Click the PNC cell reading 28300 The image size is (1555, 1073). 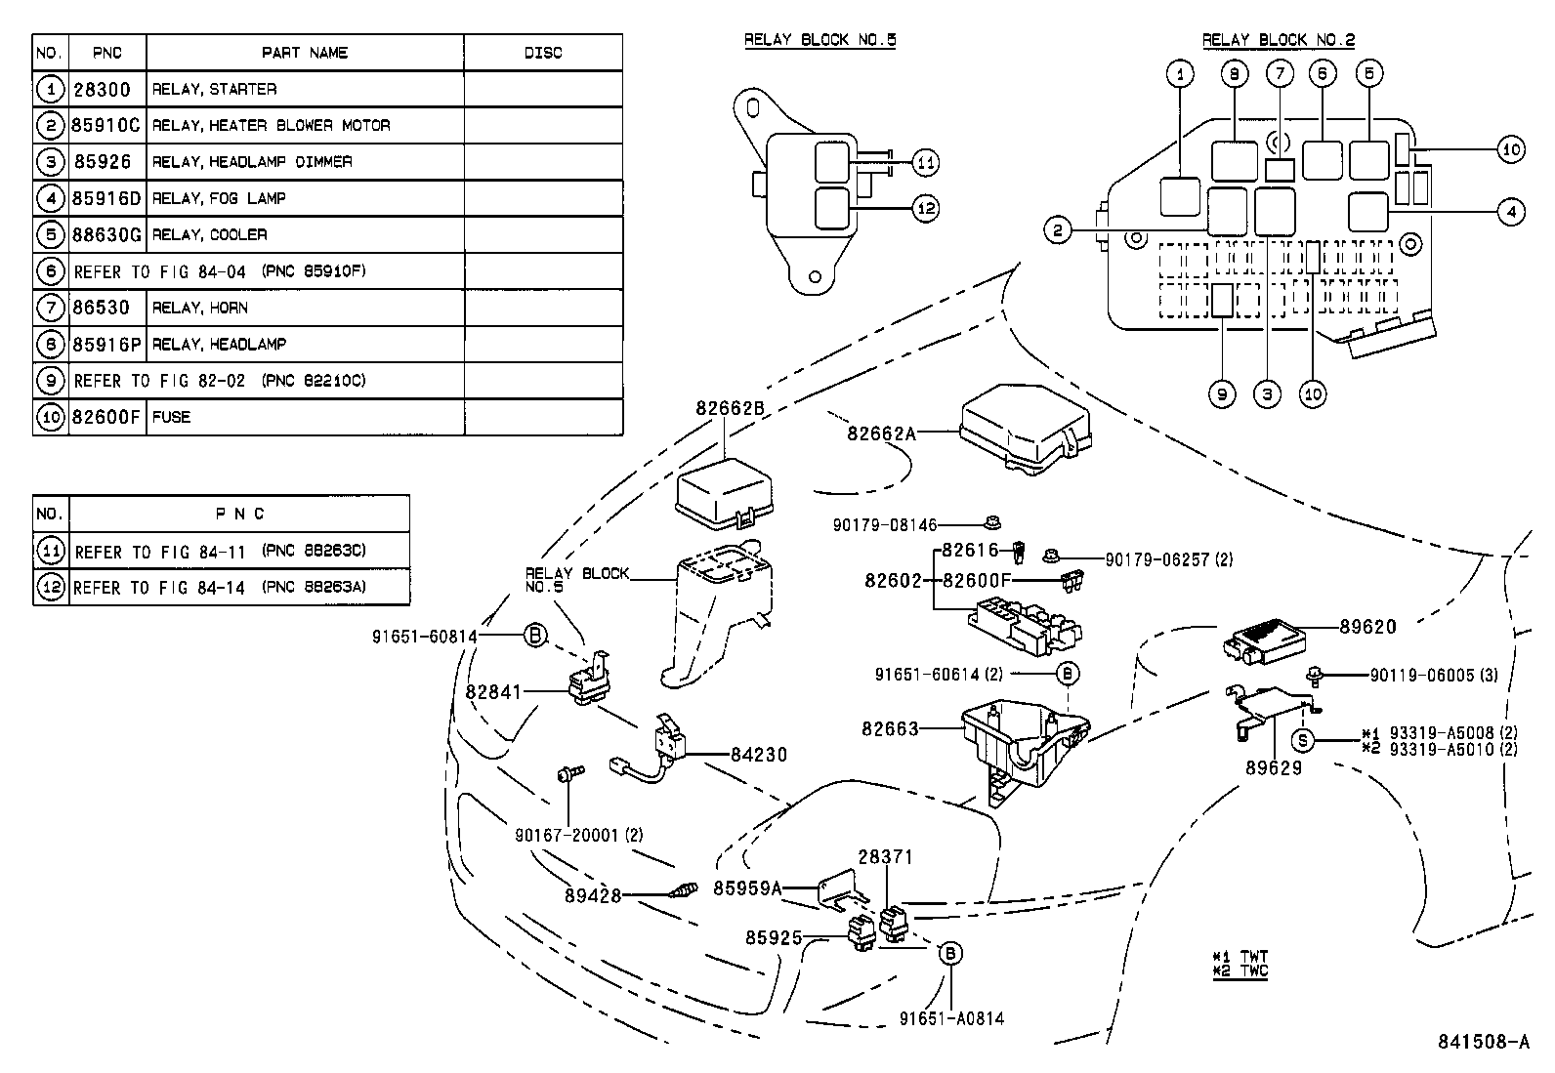click(102, 89)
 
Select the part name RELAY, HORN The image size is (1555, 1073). click(200, 308)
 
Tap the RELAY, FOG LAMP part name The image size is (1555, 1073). click(219, 198)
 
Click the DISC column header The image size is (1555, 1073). click(542, 53)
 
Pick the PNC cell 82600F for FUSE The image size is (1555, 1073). click(106, 417)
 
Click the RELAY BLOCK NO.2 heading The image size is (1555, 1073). click(1278, 40)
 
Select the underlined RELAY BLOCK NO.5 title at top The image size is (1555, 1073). click(820, 40)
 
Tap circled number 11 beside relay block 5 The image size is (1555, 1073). click(925, 163)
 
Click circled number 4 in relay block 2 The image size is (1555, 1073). click(1510, 211)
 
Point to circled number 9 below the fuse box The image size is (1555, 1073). click(1221, 394)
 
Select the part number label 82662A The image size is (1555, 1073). click(881, 433)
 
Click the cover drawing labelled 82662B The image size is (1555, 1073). click(724, 491)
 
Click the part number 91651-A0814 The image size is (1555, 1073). click(951, 1018)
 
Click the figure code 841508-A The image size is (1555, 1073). click(1482, 1041)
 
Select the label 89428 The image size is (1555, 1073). click(592, 894)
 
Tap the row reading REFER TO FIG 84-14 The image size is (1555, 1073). click(220, 588)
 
